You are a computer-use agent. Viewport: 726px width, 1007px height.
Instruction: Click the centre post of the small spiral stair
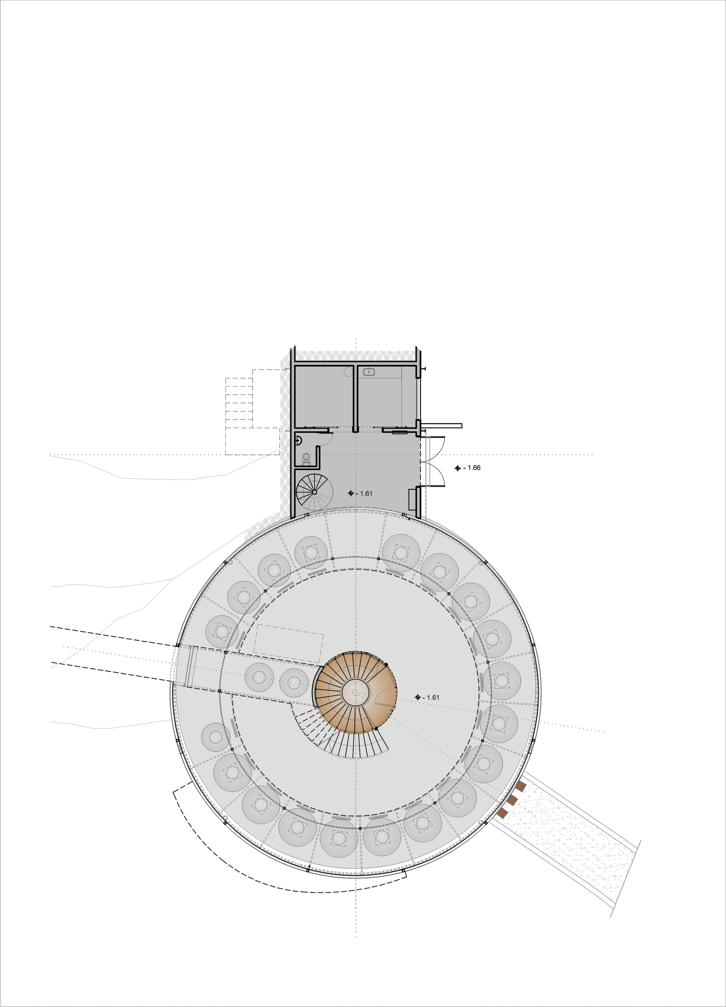click(x=314, y=492)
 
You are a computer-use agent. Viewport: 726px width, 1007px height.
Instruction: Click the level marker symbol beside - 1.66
click(x=457, y=468)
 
